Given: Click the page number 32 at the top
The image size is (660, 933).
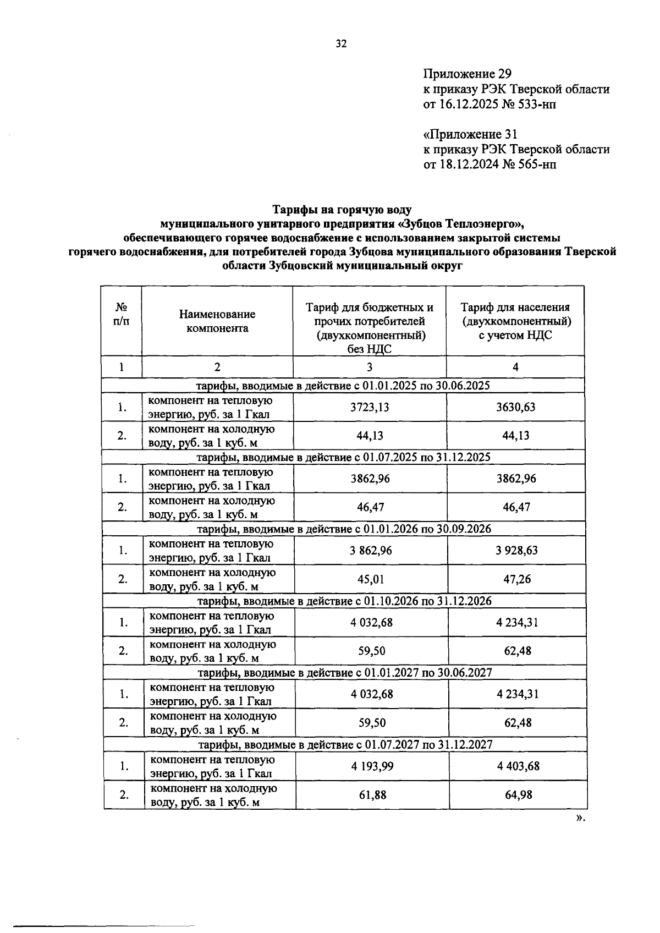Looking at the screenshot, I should pyautogui.click(x=341, y=45).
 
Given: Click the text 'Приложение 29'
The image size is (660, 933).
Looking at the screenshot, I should pyautogui.click(x=468, y=74).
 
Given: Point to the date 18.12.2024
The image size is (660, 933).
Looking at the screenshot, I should pyautogui.click(x=469, y=164).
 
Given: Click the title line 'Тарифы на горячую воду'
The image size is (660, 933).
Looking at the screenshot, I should pyautogui.click(x=342, y=210).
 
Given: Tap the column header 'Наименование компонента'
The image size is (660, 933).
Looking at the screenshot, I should pyautogui.click(x=217, y=321).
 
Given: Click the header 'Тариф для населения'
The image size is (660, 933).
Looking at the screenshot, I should pyautogui.click(x=515, y=308).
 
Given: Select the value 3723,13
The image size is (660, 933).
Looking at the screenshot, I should pyautogui.click(x=370, y=407).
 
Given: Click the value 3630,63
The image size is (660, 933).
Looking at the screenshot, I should pyautogui.click(x=515, y=407).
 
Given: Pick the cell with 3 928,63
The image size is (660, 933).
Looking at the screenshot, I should pyautogui.click(x=516, y=550).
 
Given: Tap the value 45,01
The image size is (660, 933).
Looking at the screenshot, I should pyautogui.click(x=371, y=579).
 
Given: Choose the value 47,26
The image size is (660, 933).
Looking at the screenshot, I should pyautogui.click(x=516, y=579).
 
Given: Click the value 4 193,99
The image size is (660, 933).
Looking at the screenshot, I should pyautogui.click(x=372, y=766).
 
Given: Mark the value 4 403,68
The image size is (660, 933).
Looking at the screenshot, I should pyautogui.click(x=518, y=766).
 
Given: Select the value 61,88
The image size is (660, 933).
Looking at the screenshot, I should pyautogui.click(x=372, y=794).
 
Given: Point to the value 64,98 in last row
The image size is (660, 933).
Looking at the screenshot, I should pyautogui.click(x=518, y=794).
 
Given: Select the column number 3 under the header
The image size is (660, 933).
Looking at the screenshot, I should pyautogui.click(x=369, y=367).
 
